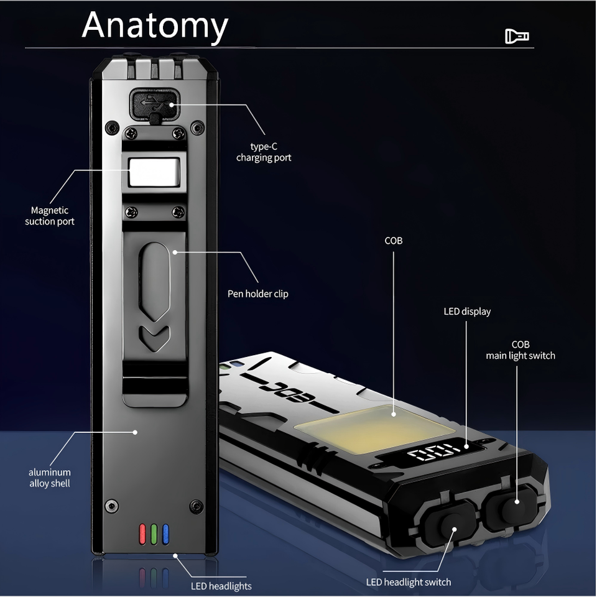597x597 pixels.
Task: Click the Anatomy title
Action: point(155,25)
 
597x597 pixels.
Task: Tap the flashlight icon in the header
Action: point(517,37)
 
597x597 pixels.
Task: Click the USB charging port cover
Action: point(154,104)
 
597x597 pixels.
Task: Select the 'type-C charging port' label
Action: point(264,152)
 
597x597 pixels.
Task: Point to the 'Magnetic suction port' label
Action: point(50,216)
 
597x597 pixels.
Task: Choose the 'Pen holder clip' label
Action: point(258,294)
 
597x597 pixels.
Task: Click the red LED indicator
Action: point(142,534)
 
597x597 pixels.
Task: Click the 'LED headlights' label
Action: point(221,586)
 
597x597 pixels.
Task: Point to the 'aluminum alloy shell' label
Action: point(50,478)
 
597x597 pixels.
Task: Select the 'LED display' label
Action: point(467,312)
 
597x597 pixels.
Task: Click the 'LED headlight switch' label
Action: point(409,582)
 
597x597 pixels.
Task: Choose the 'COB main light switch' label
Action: point(521,350)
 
